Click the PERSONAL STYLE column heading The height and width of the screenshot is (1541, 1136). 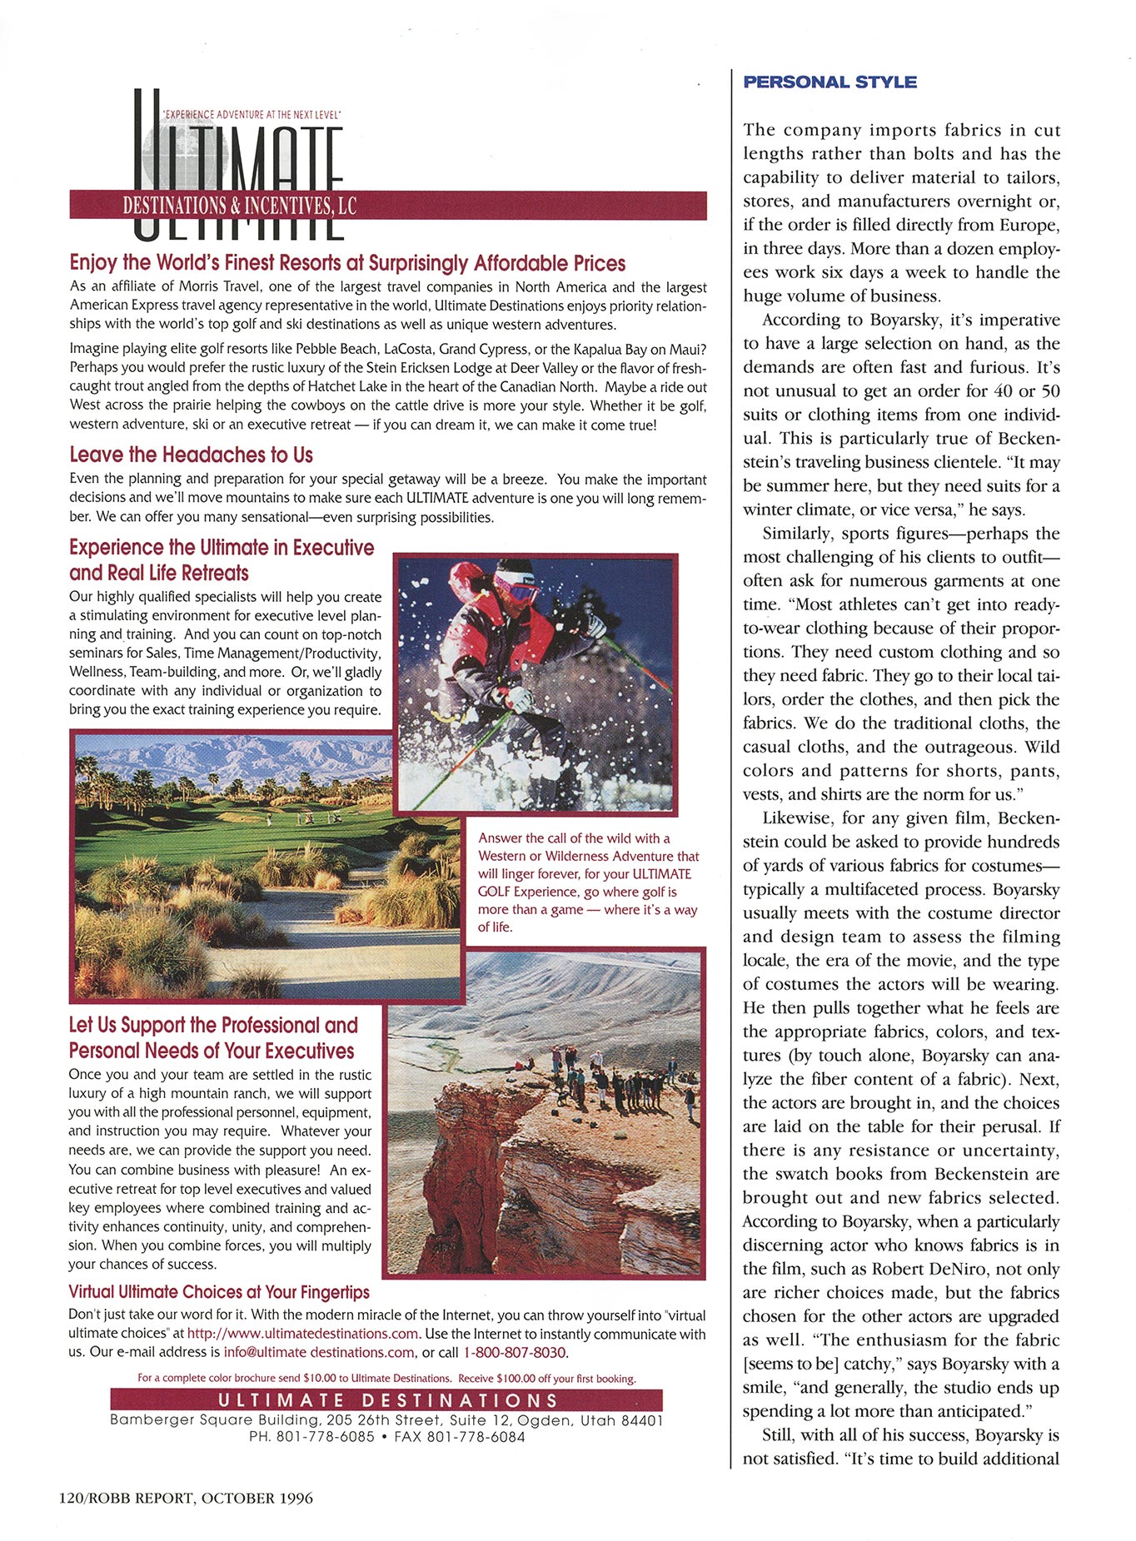tap(830, 82)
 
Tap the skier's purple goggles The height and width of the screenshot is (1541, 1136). tap(518, 590)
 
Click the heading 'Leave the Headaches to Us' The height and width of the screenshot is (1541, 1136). tap(191, 455)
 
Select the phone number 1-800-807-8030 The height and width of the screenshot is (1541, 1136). tap(515, 1352)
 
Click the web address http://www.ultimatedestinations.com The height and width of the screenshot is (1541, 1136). tap(302, 1334)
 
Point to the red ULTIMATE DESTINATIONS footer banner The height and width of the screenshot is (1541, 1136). tap(386, 1400)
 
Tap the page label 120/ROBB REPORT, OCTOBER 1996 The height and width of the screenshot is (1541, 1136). tap(186, 1499)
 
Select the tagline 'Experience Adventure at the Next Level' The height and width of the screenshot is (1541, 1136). tap(252, 114)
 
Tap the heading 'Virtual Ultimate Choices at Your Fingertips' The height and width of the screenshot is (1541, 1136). tap(219, 1292)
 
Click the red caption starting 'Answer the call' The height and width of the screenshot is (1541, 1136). tap(588, 882)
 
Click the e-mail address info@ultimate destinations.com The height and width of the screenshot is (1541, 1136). tap(319, 1352)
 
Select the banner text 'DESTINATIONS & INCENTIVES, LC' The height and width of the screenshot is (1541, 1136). tap(240, 205)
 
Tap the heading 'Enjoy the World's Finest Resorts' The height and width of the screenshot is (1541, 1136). tap(347, 263)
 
